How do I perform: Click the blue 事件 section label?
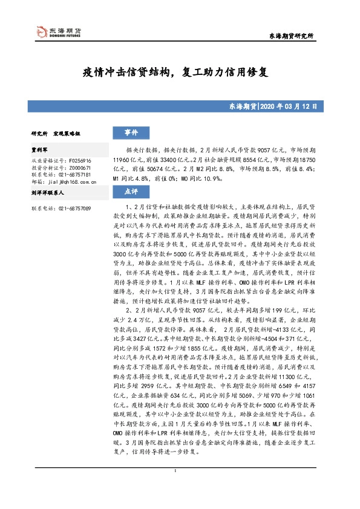pos(132,133)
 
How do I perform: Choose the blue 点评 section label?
pos(132,191)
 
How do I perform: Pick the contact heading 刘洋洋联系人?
pos(47,191)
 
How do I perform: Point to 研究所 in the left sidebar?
pos(39,133)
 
